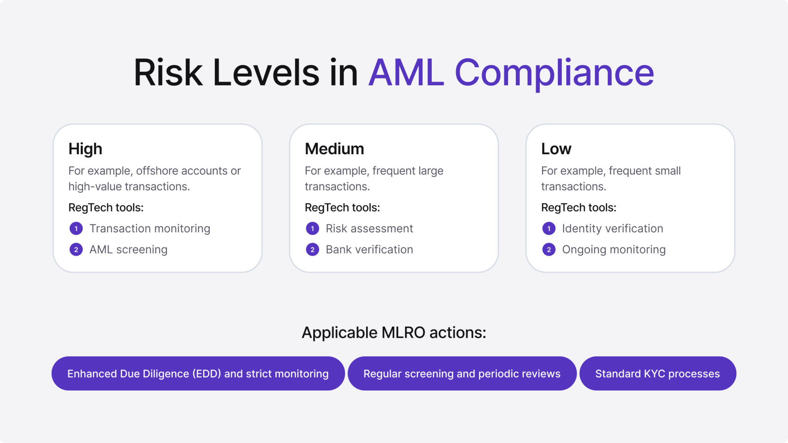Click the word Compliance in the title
tap(554, 73)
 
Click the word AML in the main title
tap(406, 73)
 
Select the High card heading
tap(85, 149)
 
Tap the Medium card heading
tap(334, 149)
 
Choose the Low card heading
tap(556, 149)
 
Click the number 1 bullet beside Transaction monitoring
tap(76, 229)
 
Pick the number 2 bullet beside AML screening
tap(76, 250)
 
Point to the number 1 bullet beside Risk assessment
tap(312, 229)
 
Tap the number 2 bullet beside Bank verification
tap(312, 250)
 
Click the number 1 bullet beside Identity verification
tap(549, 229)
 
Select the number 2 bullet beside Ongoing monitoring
tap(549, 250)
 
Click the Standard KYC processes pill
tap(658, 373)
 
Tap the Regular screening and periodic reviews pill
tap(462, 373)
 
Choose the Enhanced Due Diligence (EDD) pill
tap(198, 373)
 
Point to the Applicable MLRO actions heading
tap(394, 333)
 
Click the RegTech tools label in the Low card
tap(579, 208)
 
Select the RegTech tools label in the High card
tap(106, 208)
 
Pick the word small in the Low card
tap(667, 171)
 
